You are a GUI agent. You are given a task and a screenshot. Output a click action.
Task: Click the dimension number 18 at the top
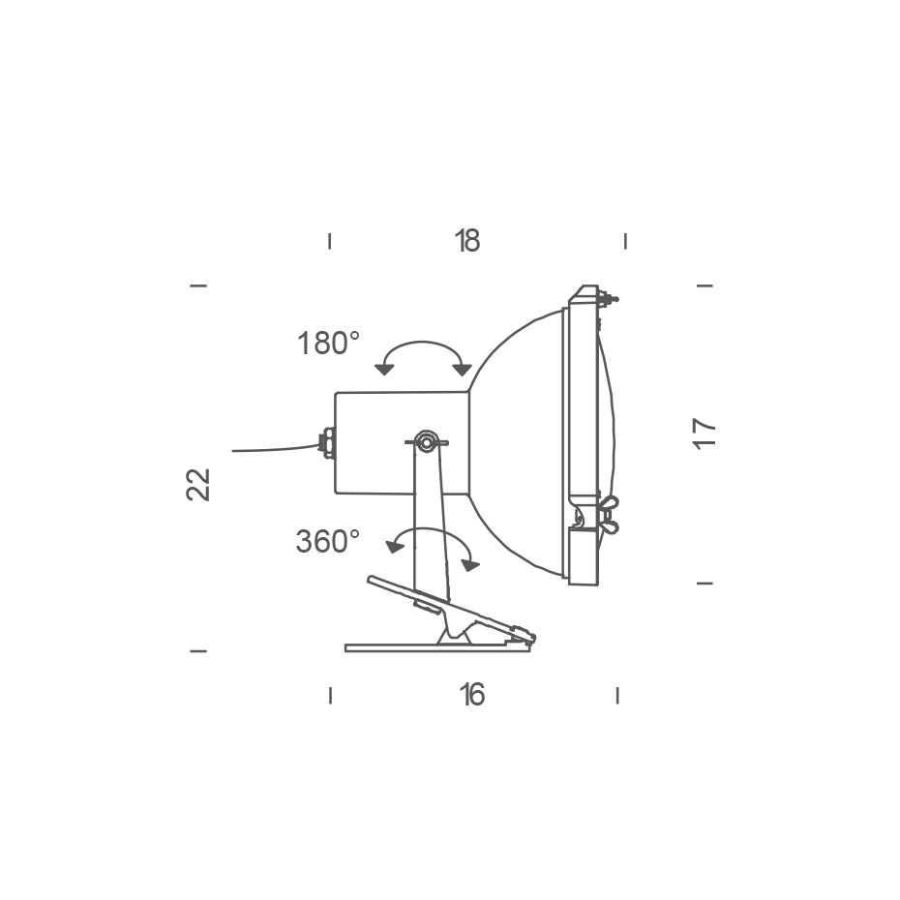[x=467, y=241]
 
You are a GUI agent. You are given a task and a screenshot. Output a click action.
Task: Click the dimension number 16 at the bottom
[x=471, y=695]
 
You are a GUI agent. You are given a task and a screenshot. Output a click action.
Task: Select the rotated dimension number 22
[x=198, y=484]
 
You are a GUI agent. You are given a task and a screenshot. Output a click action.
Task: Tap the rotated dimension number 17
[x=705, y=433]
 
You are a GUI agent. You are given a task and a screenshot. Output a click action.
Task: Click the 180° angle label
[x=328, y=344]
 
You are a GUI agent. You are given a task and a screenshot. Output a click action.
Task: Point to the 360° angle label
[x=327, y=542]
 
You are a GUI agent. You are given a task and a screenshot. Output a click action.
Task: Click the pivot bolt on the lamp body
[x=426, y=442]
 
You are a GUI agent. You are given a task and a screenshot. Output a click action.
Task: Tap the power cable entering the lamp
[x=276, y=449]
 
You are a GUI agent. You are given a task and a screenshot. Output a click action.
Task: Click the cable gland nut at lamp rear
[x=328, y=443]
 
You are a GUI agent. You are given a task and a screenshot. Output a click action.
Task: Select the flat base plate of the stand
[x=437, y=647]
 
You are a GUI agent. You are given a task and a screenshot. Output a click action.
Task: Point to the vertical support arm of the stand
[x=430, y=523]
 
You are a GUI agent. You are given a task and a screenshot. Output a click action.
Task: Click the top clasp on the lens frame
[x=607, y=297]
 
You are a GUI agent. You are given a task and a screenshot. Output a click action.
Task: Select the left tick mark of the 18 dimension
[x=330, y=241]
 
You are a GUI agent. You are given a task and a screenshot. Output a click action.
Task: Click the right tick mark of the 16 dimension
[x=617, y=695]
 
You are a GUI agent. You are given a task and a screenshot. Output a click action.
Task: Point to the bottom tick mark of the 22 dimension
[x=198, y=651]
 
